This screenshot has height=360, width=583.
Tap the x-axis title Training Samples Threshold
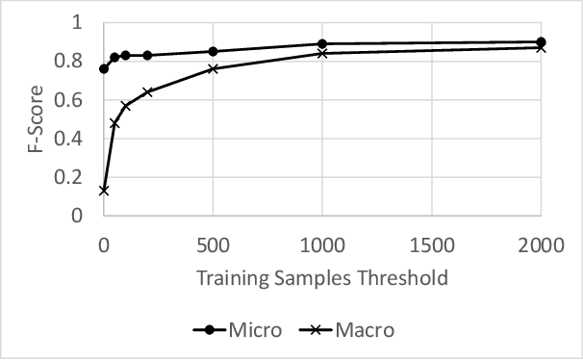pyautogui.click(x=322, y=279)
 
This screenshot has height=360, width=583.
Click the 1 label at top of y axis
pyautogui.click(x=78, y=23)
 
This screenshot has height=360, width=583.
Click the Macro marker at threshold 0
pyautogui.click(x=104, y=191)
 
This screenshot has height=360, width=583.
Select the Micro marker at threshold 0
pyautogui.click(x=104, y=69)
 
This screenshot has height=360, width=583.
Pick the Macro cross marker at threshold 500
pyautogui.click(x=214, y=69)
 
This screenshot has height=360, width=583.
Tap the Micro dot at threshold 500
pyautogui.click(x=214, y=52)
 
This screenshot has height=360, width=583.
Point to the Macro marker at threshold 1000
pyautogui.click(x=322, y=54)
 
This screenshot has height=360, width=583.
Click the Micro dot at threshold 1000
pyautogui.click(x=322, y=44)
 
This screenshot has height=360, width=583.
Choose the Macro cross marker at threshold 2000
pyautogui.click(x=541, y=48)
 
